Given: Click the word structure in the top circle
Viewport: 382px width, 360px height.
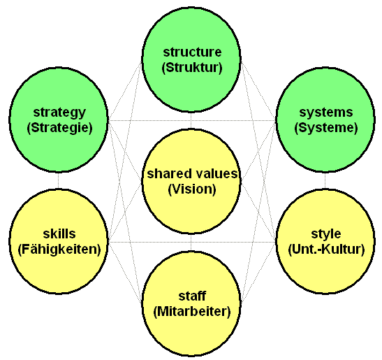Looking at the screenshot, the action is [x=192, y=52].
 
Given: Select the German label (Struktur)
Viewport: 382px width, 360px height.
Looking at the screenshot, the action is [x=192, y=68].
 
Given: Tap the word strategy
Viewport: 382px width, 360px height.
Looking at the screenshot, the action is [x=59, y=113].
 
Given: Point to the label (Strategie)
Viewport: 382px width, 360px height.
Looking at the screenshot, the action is [x=59, y=128].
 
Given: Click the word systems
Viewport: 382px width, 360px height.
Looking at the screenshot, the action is [x=326, y=113].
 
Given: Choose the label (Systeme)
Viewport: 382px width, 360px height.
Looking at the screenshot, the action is [x=326, y=128].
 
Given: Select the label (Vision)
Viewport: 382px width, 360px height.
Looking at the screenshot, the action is [x=192, y=189].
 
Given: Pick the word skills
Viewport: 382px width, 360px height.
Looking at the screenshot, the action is [x=59, y=233].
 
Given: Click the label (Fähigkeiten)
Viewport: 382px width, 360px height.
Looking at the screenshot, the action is [x=59, y=250].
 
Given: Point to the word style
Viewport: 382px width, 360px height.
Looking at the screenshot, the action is [x=326, y=234].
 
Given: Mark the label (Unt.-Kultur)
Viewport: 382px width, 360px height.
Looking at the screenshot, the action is [x=326, y=250].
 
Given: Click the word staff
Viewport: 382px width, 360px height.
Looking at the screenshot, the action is [x=192, y=296].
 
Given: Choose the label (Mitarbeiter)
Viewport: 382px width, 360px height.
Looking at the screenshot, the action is [x=192, y=312].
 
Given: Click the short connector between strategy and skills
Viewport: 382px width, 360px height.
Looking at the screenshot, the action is [x=59, y=180].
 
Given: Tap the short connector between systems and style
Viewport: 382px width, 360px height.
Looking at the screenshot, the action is [x=325, y=180].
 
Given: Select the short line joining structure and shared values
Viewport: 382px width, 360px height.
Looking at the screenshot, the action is [x=191, y=120].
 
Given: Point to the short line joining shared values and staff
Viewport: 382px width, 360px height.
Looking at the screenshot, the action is [x=191, y=242].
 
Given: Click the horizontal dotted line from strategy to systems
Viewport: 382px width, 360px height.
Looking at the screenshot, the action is [x=192, y=120].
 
